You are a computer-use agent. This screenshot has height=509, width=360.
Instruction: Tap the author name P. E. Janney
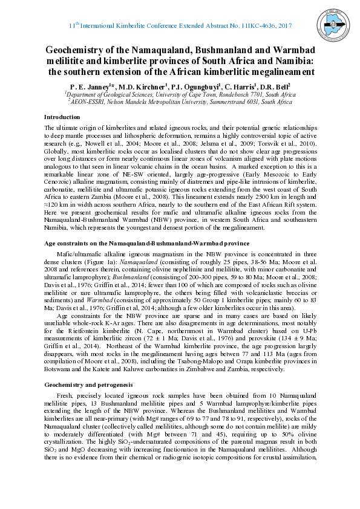click(90, 86)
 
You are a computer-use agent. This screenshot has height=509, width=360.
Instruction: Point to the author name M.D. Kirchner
click(140, 86)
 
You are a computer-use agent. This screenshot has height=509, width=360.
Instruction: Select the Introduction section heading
click(62, 117)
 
